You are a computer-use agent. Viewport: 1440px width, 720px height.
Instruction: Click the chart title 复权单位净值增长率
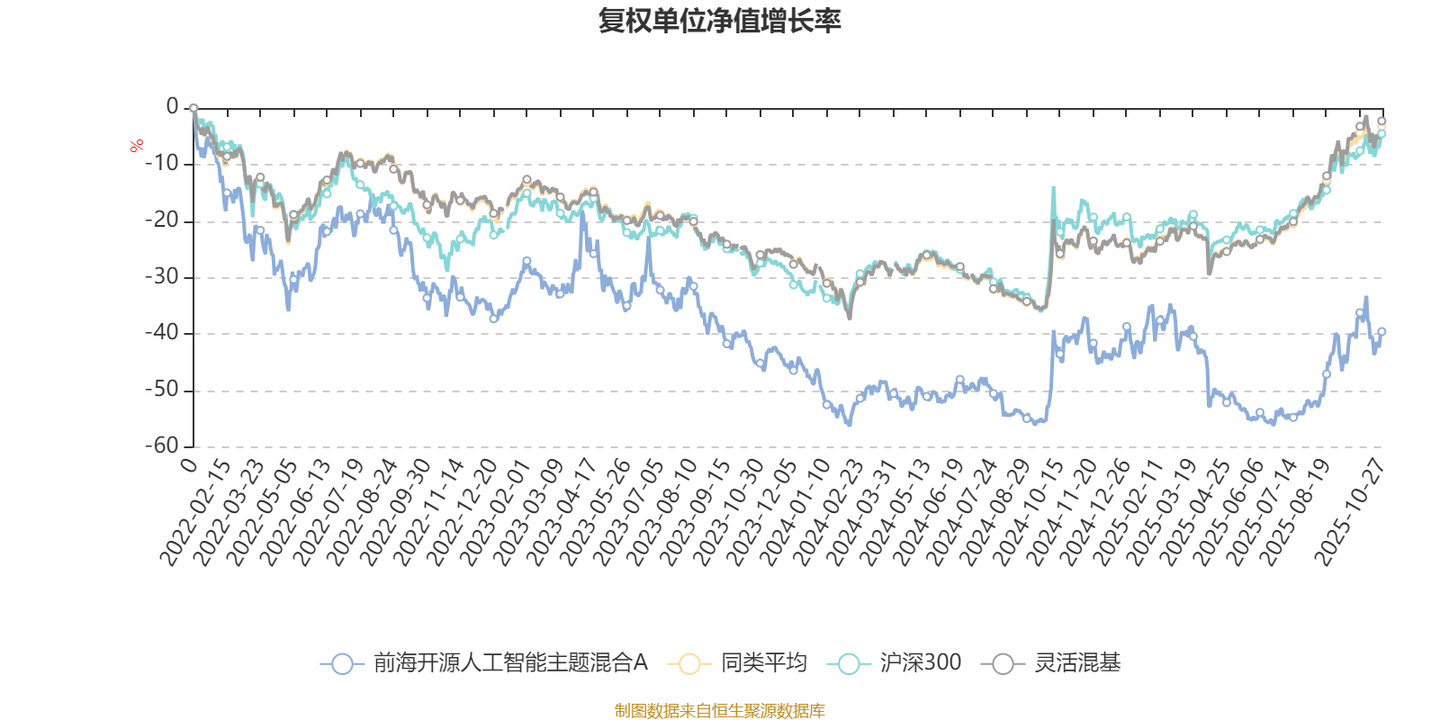719,21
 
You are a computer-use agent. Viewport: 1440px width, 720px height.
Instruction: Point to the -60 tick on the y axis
162,445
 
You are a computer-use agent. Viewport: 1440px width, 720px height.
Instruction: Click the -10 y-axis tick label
162,164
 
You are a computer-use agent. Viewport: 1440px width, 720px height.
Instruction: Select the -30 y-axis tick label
162,276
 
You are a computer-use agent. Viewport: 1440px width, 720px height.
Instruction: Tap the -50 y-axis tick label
162,390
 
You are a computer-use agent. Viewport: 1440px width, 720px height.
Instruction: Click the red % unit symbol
137,146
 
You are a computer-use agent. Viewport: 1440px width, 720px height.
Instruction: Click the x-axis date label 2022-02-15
195,513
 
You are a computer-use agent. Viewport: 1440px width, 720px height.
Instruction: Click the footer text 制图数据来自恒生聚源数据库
719,711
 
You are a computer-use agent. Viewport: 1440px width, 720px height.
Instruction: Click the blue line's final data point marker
1381,331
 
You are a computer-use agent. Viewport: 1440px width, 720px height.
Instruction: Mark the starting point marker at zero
193,108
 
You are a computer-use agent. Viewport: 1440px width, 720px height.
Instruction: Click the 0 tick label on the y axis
172,107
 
